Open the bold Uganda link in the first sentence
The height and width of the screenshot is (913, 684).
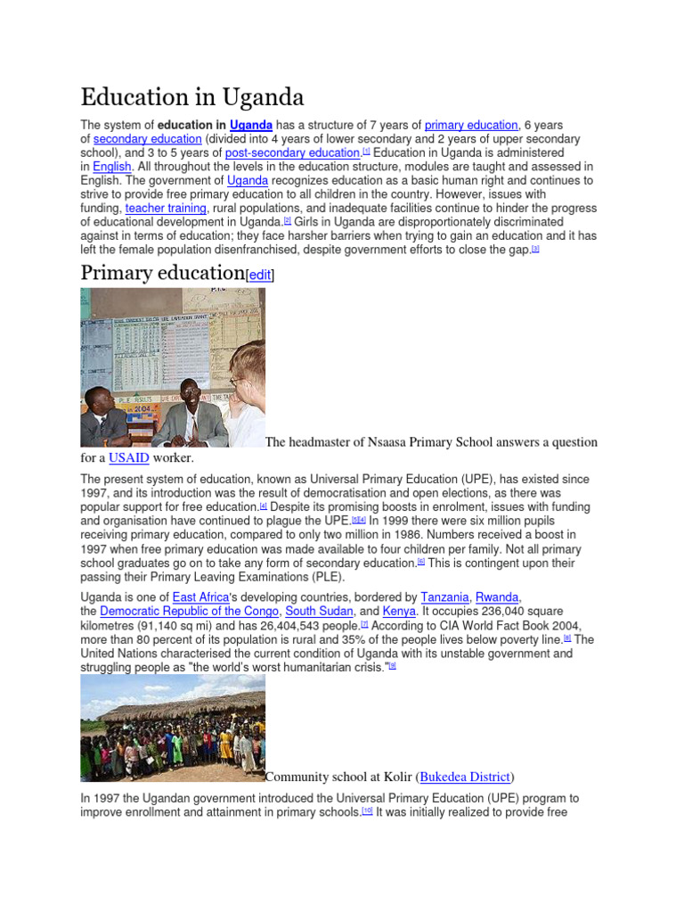point(250,126)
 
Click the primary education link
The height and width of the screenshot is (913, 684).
point(471,126)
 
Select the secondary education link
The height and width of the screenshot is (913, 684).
point(147,139)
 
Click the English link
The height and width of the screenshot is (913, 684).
point(111,167)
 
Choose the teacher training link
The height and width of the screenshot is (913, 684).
point(166,208)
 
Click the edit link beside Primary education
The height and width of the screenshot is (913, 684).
point(260,276)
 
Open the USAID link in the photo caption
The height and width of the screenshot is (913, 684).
point(128,458)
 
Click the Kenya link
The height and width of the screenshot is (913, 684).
point(399,611)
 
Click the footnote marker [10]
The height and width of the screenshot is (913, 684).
point(367,812)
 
